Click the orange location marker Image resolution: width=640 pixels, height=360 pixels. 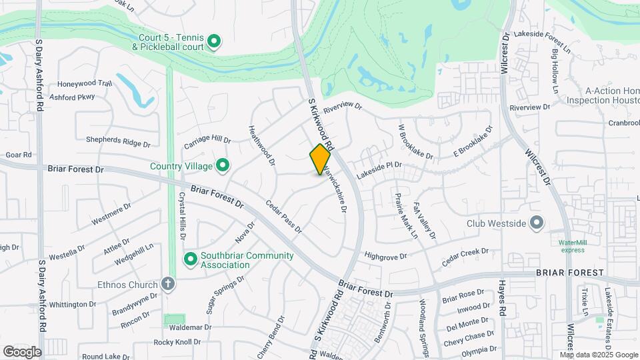[320, 159]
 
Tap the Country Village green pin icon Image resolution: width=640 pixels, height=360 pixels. [222, 165]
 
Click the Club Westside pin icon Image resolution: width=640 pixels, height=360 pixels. [537, 223]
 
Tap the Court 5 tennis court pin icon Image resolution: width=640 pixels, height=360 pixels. [213, 43]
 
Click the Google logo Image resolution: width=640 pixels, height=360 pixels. [22, 351]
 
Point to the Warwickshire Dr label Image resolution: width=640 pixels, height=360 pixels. [335, 189]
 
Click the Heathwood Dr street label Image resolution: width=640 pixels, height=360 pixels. [261, 145]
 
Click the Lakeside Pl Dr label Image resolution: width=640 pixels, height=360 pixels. [379, 165]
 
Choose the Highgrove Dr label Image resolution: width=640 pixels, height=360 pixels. [385, 255]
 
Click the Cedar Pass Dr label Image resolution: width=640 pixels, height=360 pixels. [284, 217]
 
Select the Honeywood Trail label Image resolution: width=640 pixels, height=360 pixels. [85, 84]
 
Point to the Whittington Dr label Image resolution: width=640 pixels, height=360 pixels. [73, 304]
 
